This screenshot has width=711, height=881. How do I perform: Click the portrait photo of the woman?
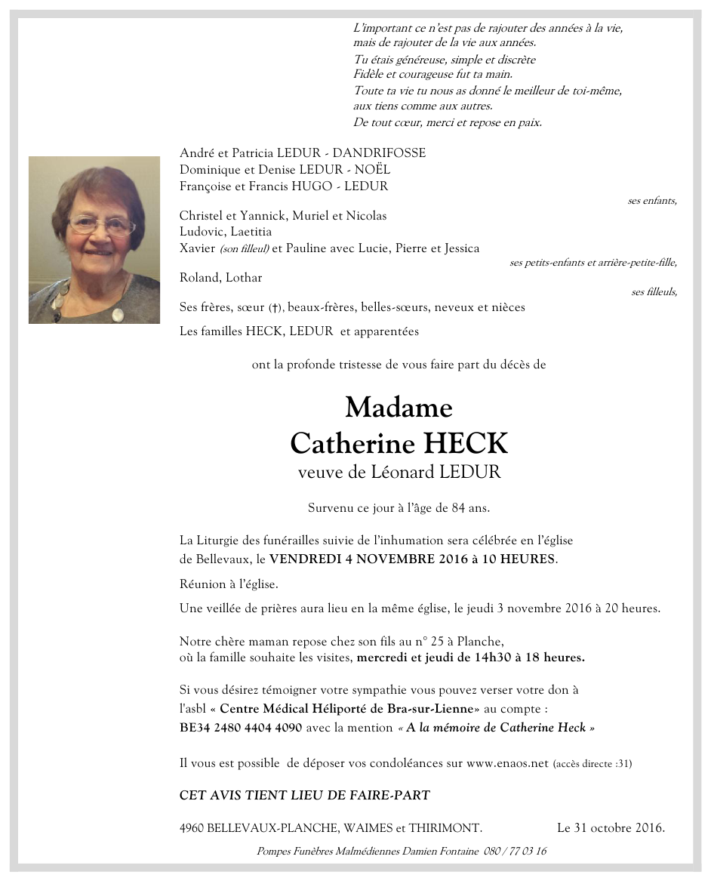click(x=94, y=240)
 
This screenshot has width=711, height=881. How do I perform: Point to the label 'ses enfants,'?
click(x=652, y=201)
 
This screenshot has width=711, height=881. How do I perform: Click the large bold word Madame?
click(x=399, y=408)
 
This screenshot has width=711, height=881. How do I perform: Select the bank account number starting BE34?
click(x=241, y=728)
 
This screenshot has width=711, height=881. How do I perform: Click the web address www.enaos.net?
click(x=507, y=763)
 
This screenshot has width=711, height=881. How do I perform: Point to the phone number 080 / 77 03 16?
click(x=514, y=852)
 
